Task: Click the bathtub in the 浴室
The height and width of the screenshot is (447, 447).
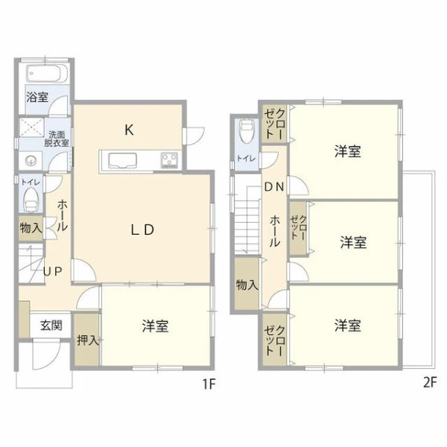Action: (47, 73)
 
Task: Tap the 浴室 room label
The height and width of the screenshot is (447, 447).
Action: (37, 97)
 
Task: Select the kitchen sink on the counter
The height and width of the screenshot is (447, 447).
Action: (122, 160)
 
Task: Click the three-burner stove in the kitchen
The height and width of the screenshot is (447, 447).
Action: (169, 160)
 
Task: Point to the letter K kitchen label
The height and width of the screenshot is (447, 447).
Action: (129, 130)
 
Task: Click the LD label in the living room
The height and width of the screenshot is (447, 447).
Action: (142, 229)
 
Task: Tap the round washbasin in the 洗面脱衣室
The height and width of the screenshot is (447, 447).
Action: (31, 162)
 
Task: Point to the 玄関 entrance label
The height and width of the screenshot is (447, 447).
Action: (51, 326)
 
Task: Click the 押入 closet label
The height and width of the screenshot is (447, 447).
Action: (88, 340)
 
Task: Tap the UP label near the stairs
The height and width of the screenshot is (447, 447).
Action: (53, 272)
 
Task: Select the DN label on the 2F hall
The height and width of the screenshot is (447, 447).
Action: (274, 187)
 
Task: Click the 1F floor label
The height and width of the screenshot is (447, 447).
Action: (209, 384)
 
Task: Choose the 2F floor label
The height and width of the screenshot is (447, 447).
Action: (430, 383)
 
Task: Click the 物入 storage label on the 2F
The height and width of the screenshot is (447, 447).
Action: (247, 285)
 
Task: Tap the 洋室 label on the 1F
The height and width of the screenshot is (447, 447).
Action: (156, 326)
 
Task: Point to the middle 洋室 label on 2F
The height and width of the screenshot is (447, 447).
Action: (353, 243)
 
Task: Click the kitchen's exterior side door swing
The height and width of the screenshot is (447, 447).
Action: (194, 136)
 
